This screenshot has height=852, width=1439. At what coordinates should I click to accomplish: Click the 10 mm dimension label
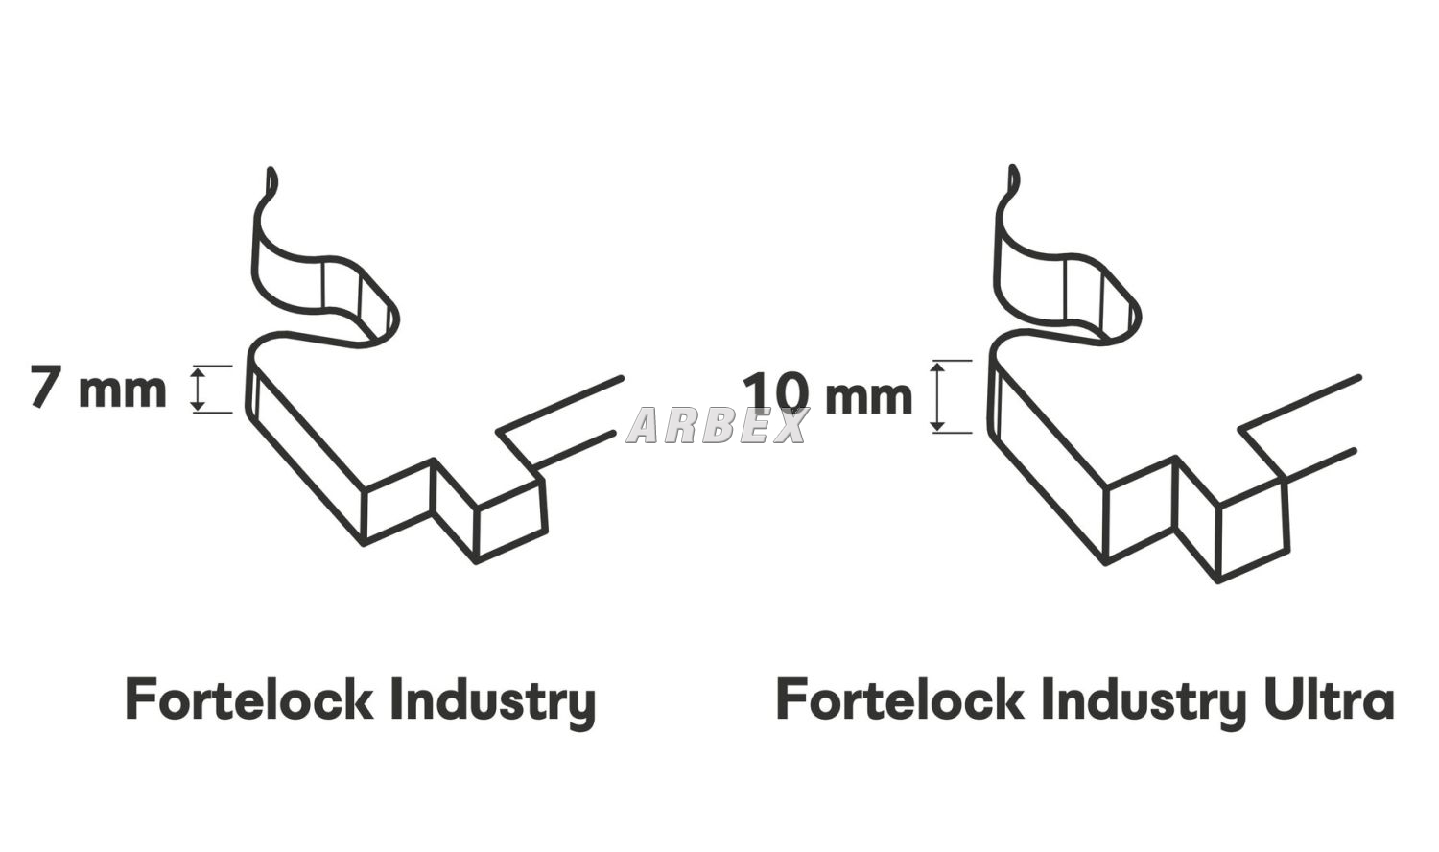[827, 395]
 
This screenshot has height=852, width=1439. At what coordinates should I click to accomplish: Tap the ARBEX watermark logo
[717, 425]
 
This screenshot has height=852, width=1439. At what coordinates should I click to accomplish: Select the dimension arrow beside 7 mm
[198, 390]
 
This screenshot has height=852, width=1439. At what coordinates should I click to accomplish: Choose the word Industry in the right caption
[1143, 702]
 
